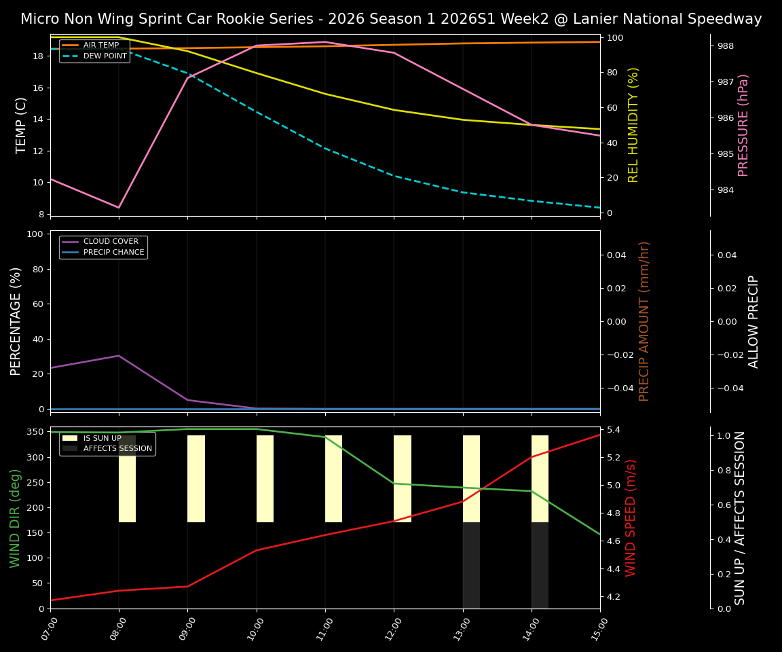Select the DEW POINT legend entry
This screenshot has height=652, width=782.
click(105, 56)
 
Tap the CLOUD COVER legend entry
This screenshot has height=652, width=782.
click(111, 242)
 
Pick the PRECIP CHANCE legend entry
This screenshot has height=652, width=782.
click(113, 253)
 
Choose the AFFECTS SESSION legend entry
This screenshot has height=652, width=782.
click(117, 448)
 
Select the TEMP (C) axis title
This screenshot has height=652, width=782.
click(22, 125)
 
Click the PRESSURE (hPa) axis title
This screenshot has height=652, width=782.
click(743, 125)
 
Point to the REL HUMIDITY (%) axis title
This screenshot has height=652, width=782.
click(634, 125)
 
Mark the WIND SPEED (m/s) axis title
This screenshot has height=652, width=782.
click(631, 518)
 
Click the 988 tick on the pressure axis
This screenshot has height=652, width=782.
click(726, 46)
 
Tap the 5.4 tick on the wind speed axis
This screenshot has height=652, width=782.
click(613, 430)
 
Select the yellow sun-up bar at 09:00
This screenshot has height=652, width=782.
click(196, 479)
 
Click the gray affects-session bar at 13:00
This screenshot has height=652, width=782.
click(471, 565)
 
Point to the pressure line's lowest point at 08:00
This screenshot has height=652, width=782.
click(119, 208)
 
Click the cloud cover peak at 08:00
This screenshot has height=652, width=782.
click(119, 355)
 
